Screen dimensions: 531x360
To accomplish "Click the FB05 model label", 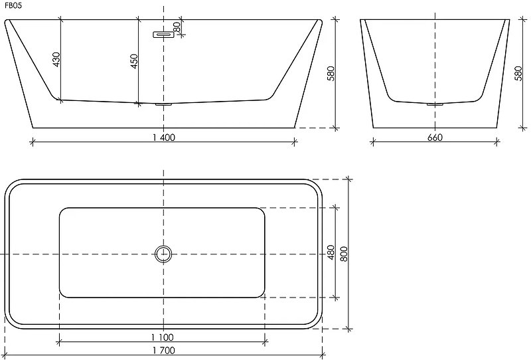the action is pyautogui.click(x=13, y=6).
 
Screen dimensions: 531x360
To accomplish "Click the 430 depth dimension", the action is pyautogui.click(x=56, y=59).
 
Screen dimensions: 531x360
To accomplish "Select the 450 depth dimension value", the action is pyautogui.click(x=134, y=61).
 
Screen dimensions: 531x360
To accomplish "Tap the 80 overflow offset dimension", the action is pyautogui.click(x=176, y=27).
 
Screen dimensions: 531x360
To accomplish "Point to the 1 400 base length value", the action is pyautogui.click(x=164, y=137).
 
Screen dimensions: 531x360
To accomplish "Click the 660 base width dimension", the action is pyautogui.click(x=435, y=137).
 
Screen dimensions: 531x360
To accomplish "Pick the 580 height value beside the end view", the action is pyautogui.click(x=518, y=74).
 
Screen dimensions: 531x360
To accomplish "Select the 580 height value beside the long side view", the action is pyautogui.click(x=331, y=74).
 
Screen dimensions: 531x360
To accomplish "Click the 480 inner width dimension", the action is pyautogui.click(x=331, y=252).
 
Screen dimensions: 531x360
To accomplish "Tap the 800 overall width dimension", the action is pyautogui.click(x=344, y=254).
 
